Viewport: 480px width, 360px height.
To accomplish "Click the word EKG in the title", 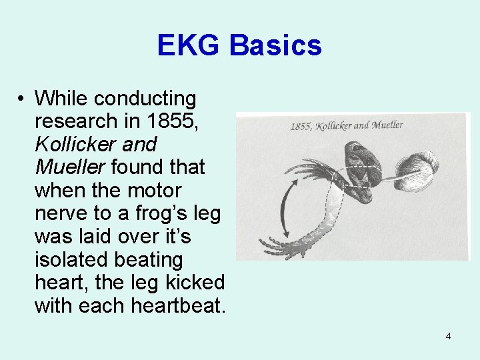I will [x=189, y=45].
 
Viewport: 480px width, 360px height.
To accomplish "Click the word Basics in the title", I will [x=276, y=45].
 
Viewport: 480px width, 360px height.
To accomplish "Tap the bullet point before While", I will [x=22, y=99].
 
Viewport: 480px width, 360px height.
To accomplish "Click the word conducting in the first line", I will [x=145, y=99].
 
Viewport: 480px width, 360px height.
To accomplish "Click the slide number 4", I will [x=448, y=336].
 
